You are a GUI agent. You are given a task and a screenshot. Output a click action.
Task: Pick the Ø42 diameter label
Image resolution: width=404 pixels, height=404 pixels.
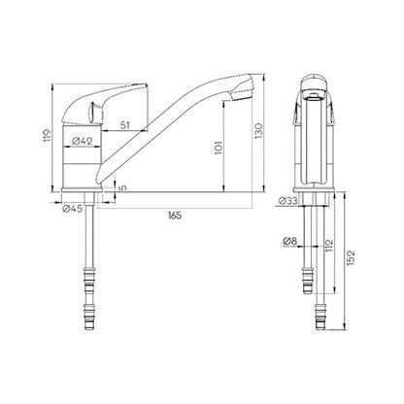point(85,142)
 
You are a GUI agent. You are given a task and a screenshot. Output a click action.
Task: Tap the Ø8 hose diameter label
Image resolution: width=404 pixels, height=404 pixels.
point(288,241)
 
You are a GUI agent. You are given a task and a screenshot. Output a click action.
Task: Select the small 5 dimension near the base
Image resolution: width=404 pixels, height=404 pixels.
point(123,189)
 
